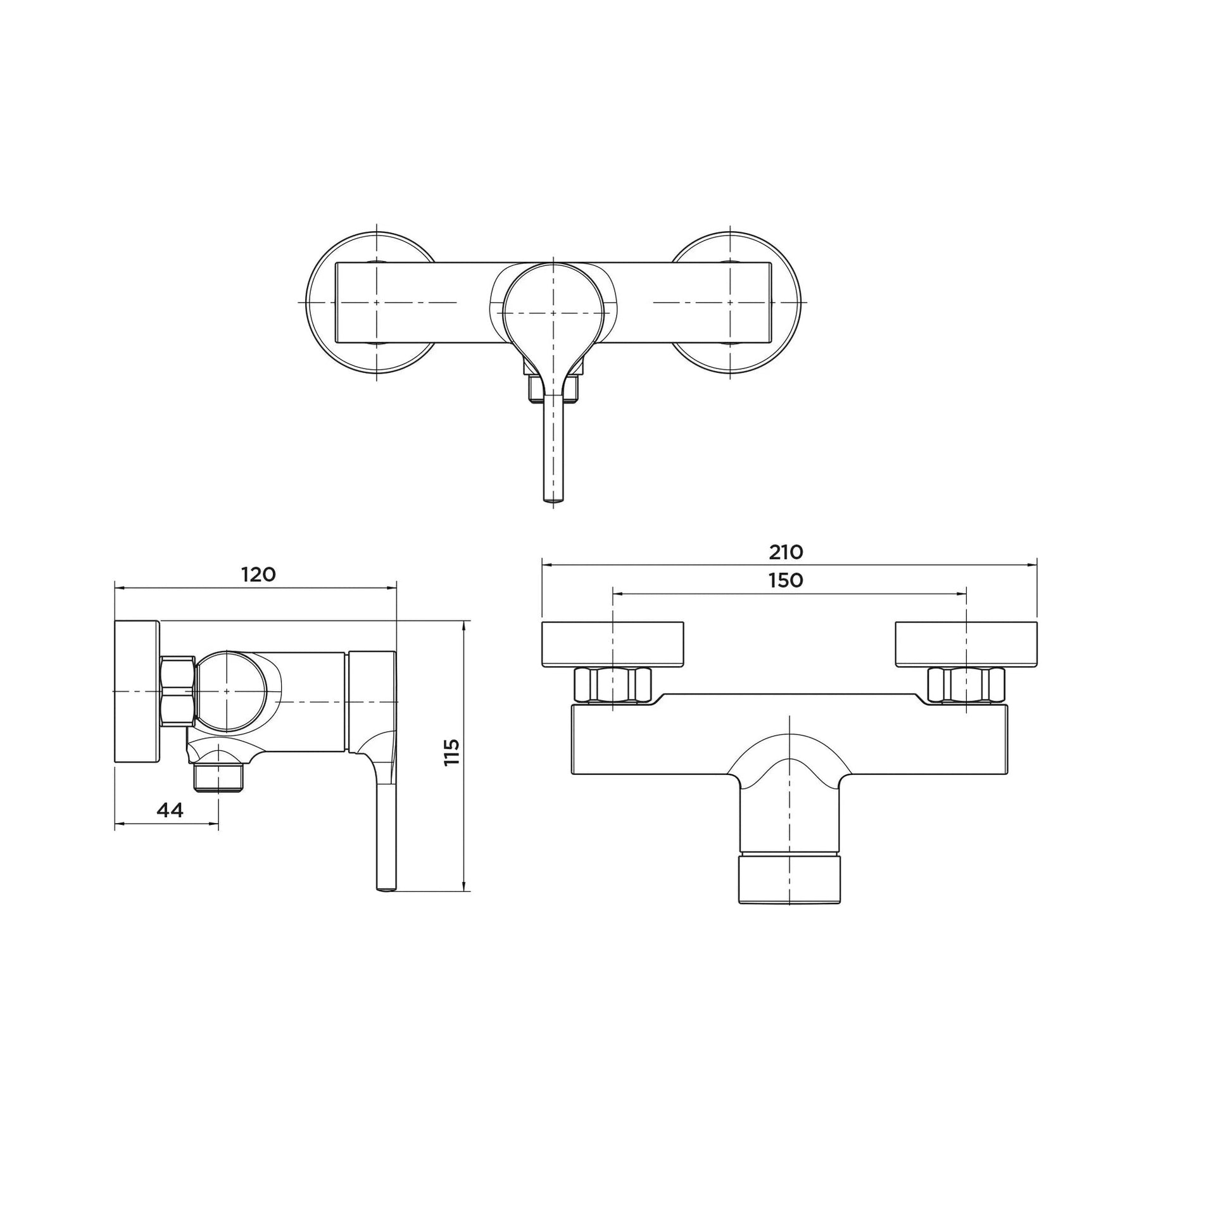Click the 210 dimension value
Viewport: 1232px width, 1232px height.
coord(786,552)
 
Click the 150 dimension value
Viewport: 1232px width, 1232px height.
coord(786,581)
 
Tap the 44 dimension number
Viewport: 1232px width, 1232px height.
coord(170,810)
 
